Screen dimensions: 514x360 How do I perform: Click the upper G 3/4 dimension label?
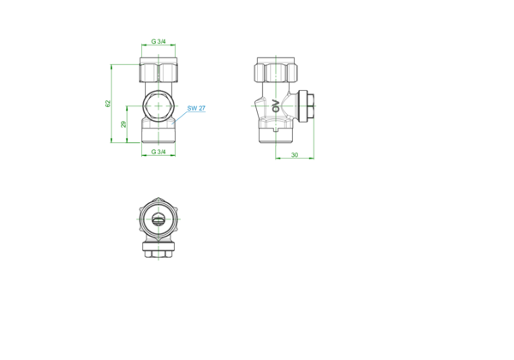158,41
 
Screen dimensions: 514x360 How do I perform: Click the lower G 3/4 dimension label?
158,152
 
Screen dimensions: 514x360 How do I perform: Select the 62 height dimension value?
108,104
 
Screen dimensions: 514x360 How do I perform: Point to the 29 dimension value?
123,124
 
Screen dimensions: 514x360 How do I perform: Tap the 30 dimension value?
295,155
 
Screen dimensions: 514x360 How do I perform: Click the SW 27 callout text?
196,108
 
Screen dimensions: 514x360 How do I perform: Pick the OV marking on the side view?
276,105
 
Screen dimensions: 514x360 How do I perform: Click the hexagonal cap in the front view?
158,106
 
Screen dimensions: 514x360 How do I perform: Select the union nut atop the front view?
158,69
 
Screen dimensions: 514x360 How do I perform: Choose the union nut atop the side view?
276,69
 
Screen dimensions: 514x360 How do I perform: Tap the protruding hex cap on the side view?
307,106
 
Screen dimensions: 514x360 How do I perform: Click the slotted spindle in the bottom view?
158,219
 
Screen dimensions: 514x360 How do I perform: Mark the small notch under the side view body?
276,129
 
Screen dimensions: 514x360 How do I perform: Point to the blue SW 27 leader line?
179,117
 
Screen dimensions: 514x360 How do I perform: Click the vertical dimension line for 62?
111,104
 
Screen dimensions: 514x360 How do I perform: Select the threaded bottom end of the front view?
158,135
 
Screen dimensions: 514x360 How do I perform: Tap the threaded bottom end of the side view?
276,135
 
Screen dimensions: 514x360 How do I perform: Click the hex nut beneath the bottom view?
158,254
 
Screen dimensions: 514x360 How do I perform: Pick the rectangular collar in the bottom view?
158,247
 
